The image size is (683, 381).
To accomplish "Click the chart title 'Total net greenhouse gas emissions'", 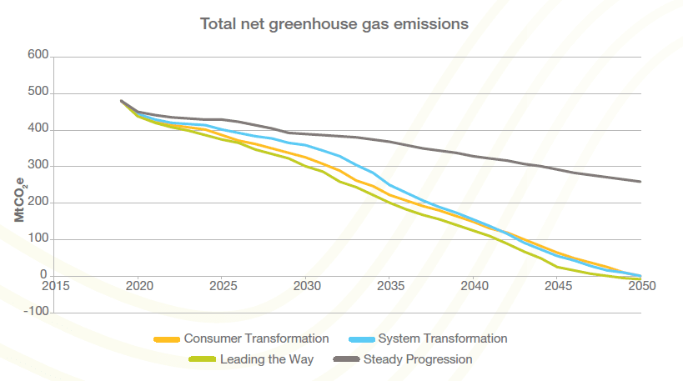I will point(334,24).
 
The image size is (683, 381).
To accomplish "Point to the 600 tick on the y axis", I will point(39,57).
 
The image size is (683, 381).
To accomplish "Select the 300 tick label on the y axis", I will point(39,167).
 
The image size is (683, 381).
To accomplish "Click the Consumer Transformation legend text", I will point(256,338).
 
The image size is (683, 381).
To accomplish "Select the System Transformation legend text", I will point(442,338).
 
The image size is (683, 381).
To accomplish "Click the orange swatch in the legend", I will point(167,339).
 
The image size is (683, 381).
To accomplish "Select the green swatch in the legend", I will point(203,360).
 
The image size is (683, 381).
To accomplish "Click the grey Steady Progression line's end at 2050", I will point(640,181).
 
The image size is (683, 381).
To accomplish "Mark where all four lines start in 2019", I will point(122,101).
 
